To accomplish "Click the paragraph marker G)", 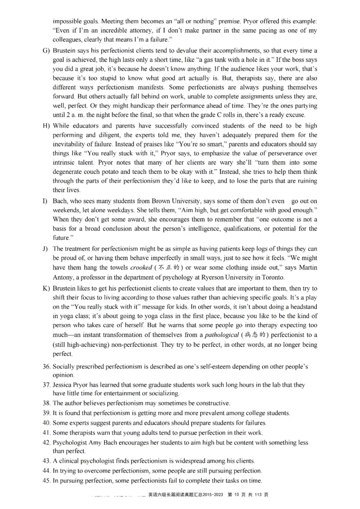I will [46, 50].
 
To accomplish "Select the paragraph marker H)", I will [46, 125].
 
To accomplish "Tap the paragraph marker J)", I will [46, 249].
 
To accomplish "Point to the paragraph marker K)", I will [46, 288].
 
